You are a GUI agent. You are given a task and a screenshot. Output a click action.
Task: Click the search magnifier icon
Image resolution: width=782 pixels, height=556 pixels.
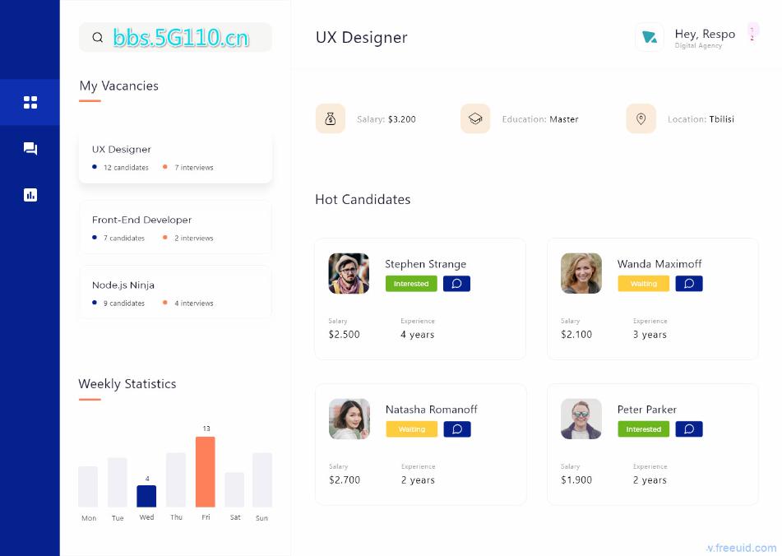pyautogui.click(x=98, y=37)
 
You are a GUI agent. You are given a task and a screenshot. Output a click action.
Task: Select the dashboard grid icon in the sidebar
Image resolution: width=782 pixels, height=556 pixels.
pyautogui.click(x=30, y=102)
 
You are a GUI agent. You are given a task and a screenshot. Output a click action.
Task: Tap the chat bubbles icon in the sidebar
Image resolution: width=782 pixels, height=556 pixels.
pyautogui.click(x=30, y=149)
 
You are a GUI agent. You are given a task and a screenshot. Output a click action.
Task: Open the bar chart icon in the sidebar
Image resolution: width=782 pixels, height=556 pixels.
pyautogui.click(x=30, y=195)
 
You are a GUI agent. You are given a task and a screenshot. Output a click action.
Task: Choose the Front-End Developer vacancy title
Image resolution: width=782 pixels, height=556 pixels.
pyautogui.click(x=141, y=220)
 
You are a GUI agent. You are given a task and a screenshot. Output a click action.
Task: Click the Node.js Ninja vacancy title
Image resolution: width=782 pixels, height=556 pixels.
pyautogui.click(x=123, y=285)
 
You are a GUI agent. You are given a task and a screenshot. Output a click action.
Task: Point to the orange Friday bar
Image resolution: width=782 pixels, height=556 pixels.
pyautogui.click(x=206, y=471)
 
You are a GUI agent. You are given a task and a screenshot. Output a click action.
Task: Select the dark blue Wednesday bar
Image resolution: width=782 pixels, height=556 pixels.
pyautogui.click(x=146, y=496)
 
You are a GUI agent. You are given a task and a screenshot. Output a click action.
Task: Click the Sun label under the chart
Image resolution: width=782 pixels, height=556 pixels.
pyautogui.click(x=261, y=518)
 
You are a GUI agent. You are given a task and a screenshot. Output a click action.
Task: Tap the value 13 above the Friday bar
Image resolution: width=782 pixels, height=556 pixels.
pyautogui.click(x=206, y=429)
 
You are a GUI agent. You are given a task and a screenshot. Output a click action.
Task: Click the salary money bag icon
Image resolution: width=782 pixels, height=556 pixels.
pyautogui.click(x=330, y=118)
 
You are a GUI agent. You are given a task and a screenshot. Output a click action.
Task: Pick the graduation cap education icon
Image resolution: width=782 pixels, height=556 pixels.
pyautogui.click(x=475, y=118)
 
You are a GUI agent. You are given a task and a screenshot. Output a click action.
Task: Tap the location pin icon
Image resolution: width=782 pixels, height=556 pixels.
pyautogui.click(x=641, y=118)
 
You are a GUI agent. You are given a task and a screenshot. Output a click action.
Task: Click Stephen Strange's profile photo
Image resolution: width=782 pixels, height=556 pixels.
pyautogui.click(x=349, y=273)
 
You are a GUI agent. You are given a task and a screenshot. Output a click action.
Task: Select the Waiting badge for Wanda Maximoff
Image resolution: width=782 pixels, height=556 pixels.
pyautogui.click(x=644, y=284)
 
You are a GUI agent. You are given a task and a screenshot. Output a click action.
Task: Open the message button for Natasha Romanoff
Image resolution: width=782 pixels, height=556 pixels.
pyautogui.click(x=457, y=429)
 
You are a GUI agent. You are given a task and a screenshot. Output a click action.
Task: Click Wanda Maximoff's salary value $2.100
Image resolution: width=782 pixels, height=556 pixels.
pyautogui.click(x=576, y=335)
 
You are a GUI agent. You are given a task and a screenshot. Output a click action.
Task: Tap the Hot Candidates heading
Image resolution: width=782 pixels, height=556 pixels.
pyautogui.click(x=363, y=199)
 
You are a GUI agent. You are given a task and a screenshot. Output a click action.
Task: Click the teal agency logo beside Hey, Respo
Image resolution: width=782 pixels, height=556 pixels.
pyautogui.click(x=650, y=37)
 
